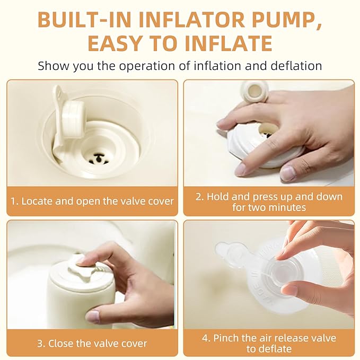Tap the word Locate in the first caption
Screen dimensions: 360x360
point(37,201)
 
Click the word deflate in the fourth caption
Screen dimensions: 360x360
point(275,349)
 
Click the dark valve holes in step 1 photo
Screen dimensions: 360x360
point(99,159)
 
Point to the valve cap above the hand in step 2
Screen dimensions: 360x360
point(254,91)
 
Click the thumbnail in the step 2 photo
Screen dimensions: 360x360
point(287,173)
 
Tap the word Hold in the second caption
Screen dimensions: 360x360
point(218,197)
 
